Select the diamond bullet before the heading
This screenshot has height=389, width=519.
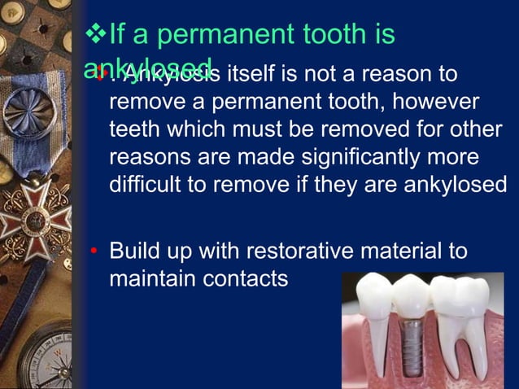(x=96, y=35)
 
